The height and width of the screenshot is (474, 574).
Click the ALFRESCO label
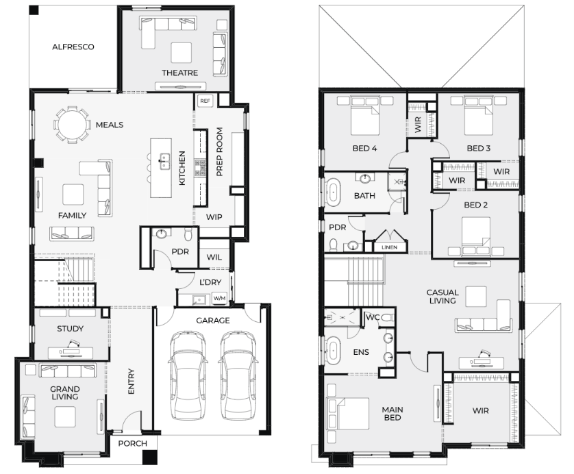[x=73, y=47]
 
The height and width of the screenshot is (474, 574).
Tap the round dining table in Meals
[x=73, y=125]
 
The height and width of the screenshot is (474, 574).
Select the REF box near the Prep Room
[x=205, y=101]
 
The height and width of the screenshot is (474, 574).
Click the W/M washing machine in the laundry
[x=219, y=299]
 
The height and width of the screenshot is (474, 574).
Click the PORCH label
[x=132, y=444]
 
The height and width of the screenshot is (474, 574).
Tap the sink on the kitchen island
[x=164, y=162]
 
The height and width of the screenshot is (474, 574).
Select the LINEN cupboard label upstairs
[x=389, y=247]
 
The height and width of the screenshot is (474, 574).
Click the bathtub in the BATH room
[x=333, y=192]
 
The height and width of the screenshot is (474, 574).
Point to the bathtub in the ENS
[x=333, y=351]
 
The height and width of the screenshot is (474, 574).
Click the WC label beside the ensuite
[x=373, y=317]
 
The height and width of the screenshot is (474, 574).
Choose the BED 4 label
[x=364, y=148]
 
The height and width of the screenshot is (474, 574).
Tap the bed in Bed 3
[x=479, y=115]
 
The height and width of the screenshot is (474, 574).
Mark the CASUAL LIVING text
[x=442, y=297]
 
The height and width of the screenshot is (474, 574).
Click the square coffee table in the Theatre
[x=182, y=53]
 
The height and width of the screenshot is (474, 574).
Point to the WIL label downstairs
[x=214, y=258]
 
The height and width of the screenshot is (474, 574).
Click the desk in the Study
[x=71, y=353]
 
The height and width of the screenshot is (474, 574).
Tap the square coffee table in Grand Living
[x=65, y=416]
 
